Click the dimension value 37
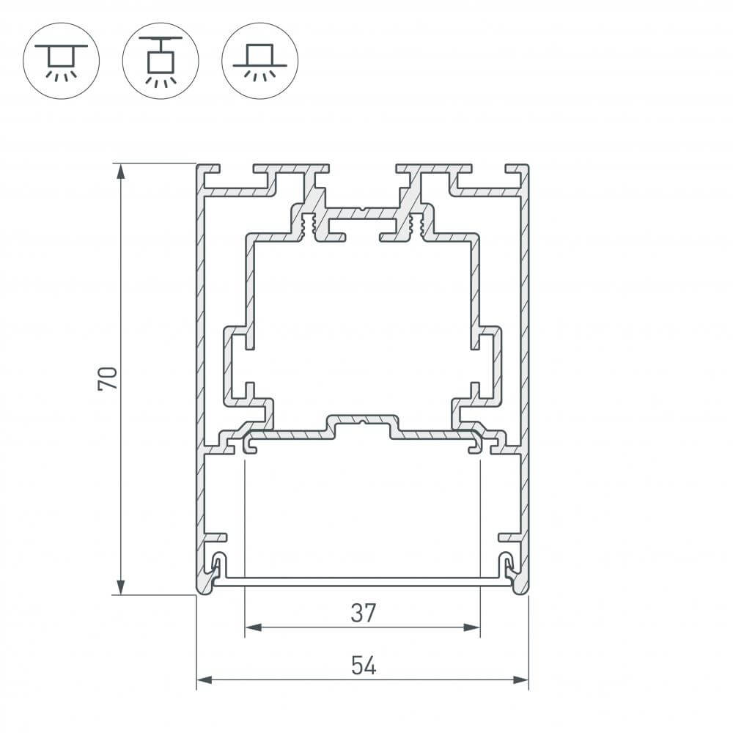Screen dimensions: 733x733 click(x=363, y=613)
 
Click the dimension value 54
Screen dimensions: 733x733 click(x=363, y=666)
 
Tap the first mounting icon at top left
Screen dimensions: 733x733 click(x=62, y=60)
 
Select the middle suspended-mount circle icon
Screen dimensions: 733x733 click(x=161, y=60)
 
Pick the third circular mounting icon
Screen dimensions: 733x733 click(x=259, y=60)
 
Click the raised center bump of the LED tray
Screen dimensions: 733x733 click(x=363, y=423)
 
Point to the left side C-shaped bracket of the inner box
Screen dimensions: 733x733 click(x=236, y=366)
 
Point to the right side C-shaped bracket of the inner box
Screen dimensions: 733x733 click(x=490, y=366)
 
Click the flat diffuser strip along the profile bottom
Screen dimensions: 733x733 click(x=363, y=581)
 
